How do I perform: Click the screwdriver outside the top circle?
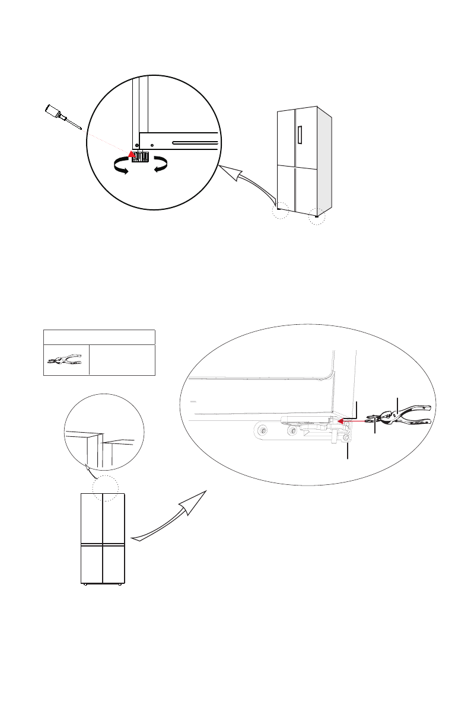pyautogui.click(x=62, y=117)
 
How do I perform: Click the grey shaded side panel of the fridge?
pyautogui.click(x=324, y=160)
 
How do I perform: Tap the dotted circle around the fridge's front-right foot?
pyautogui.click(x=317, y=216)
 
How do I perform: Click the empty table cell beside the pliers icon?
pyautogui.click(x=122, y=360)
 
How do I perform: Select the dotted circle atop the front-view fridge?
pyautogui.click(x=106, y=487)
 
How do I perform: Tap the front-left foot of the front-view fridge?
pyautogui.click(x=86, y=585)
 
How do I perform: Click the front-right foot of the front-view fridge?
pyautogui.click(x=120, y=585)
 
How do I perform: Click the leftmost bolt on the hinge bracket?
pyautogui.click(x=259, y=430)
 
